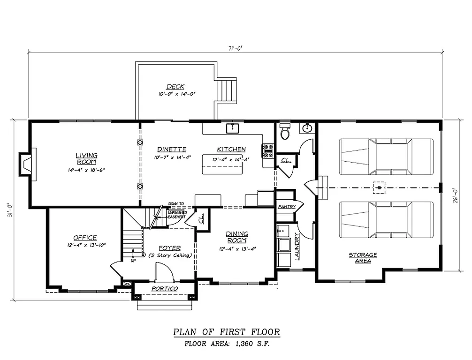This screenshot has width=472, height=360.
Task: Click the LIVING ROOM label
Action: (x=87, y=158)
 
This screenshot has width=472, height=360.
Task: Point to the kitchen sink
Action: (x=233, y=128)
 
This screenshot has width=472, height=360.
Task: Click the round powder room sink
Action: (x=307, y=128)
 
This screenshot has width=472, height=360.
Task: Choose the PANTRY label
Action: (x=286, y=206)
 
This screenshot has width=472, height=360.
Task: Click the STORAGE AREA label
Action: (x=363, y=258)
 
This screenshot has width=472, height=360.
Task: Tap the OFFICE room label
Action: (x=85, y=238)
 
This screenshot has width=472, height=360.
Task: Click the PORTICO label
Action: (x=164, y=288)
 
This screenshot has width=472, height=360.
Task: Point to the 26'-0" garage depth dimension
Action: (x=454, y=194)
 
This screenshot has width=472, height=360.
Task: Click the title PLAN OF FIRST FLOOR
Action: (x=227, y=332)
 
